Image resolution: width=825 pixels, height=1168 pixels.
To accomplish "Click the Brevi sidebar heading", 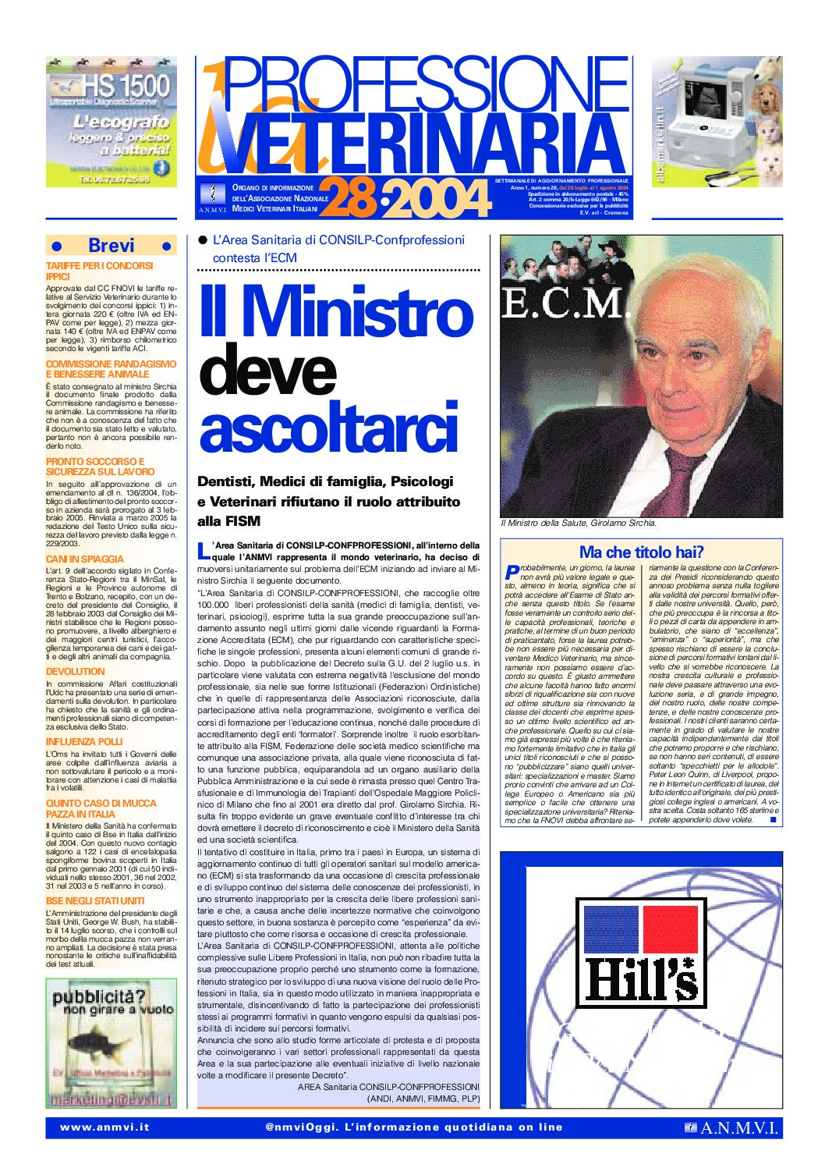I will click(112, 245).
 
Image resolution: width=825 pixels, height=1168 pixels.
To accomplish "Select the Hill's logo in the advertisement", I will click(640, 953).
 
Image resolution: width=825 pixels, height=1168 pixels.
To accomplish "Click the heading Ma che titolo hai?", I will click(641, 552).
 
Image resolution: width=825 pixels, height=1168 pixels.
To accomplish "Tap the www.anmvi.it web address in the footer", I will click(104, 1127).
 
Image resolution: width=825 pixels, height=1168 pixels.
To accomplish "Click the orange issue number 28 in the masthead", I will click(348, 198).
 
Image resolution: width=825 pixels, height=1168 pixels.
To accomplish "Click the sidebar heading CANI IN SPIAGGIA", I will click(85, 559).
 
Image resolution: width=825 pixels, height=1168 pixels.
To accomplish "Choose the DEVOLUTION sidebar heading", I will click(75, 671).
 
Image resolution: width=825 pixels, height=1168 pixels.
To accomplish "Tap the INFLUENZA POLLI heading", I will click(84, 741).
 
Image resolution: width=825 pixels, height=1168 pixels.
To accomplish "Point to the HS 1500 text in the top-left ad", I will click(125, 85).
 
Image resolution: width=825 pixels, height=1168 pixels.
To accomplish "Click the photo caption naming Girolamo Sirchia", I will click(578, 523).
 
